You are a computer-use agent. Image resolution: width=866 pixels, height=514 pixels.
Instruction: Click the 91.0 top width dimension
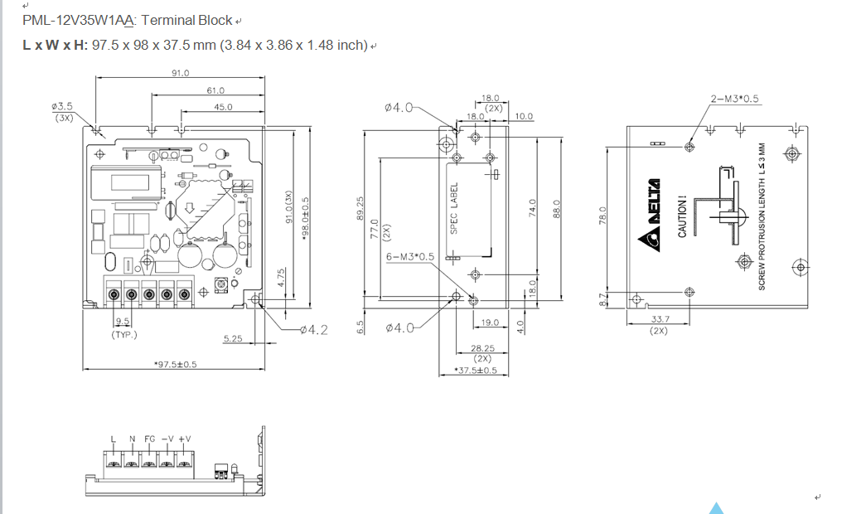pos(180,73)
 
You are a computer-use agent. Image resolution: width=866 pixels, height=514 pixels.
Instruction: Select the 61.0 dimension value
pos(215,90)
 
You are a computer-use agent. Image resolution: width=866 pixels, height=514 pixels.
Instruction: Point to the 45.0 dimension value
pos(223,107)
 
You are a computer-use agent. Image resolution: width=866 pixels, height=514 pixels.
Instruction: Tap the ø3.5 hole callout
pos(62,107)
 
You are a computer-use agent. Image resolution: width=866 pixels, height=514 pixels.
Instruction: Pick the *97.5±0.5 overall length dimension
pos(176,365)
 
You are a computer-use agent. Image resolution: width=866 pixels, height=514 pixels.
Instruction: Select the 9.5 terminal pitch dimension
pos(123,322)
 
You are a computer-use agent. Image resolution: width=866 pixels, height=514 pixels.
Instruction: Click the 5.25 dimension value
pos(232,338)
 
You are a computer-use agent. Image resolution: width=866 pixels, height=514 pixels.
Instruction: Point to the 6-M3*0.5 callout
pos(410,257)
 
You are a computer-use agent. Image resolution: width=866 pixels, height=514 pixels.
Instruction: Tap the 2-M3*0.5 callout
pos(734,99)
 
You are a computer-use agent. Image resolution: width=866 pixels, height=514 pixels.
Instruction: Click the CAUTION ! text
pos(682,217)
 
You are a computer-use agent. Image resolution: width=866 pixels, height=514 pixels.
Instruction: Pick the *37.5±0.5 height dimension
pos(476,371)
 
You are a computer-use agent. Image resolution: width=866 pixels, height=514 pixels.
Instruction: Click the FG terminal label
pos(149,439)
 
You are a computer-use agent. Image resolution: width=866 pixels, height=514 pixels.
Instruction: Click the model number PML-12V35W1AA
pos(80,20)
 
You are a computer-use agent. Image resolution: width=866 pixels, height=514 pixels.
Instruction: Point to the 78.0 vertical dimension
pos(603,216)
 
